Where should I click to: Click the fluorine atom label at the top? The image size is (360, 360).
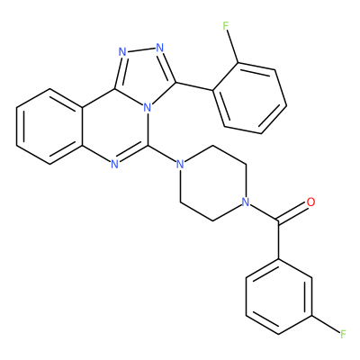click(x=226, y=26)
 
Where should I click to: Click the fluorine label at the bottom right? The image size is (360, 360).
click(x=343, y=334)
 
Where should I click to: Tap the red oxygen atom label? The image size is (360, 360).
click(x=311, y=202)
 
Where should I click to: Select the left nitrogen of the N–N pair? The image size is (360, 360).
click(x=122, y=52)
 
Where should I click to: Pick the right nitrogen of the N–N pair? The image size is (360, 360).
click(x=160, y=47)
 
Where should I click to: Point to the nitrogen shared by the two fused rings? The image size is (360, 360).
click(x=147, y=107)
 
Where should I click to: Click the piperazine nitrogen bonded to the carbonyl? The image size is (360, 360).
click(x=246, y=202)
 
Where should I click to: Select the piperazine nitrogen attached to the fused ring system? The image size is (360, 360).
click(x=180, y=164)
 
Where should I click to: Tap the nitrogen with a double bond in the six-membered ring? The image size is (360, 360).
click(x=114, y=164)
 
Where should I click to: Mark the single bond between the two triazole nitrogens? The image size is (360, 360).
click(x=141, y=49)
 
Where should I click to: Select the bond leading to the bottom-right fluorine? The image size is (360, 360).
click(x=326, y=324)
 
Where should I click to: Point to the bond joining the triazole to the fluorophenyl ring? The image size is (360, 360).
click(x=194, y=86)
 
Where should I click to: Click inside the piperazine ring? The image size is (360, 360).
click(x=212, y=183)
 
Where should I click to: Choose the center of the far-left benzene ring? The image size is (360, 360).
click(x=49, y=126)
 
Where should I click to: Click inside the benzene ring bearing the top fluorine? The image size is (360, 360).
click(x=249, y=98)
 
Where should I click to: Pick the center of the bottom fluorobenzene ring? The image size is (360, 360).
click(x=279, y=297)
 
